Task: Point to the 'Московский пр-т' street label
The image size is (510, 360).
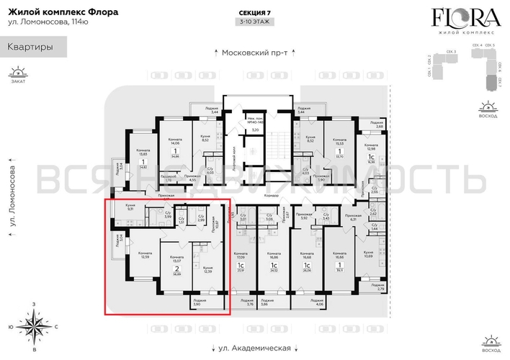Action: [254, 53]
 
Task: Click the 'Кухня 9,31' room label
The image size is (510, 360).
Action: [130, 209]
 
